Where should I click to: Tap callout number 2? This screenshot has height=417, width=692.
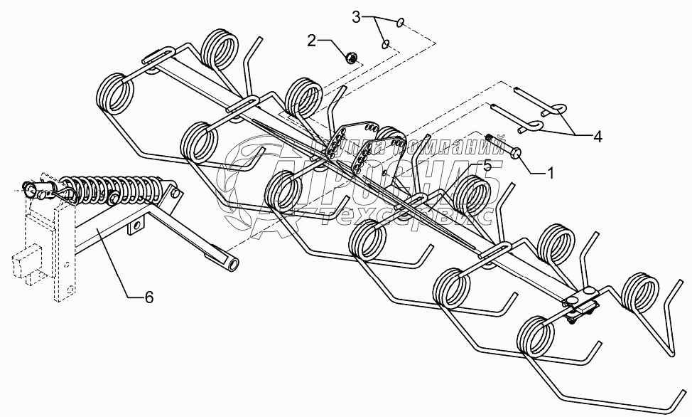tap(311, 41)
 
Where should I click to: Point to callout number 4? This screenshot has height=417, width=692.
tap(598, 137)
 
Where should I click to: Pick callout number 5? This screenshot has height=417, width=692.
tap(487, 165)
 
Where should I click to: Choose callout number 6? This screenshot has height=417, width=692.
tap(148, 297)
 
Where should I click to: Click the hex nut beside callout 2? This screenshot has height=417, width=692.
tap(350, 57)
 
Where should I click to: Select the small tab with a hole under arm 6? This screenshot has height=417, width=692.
tap(134, 228)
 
